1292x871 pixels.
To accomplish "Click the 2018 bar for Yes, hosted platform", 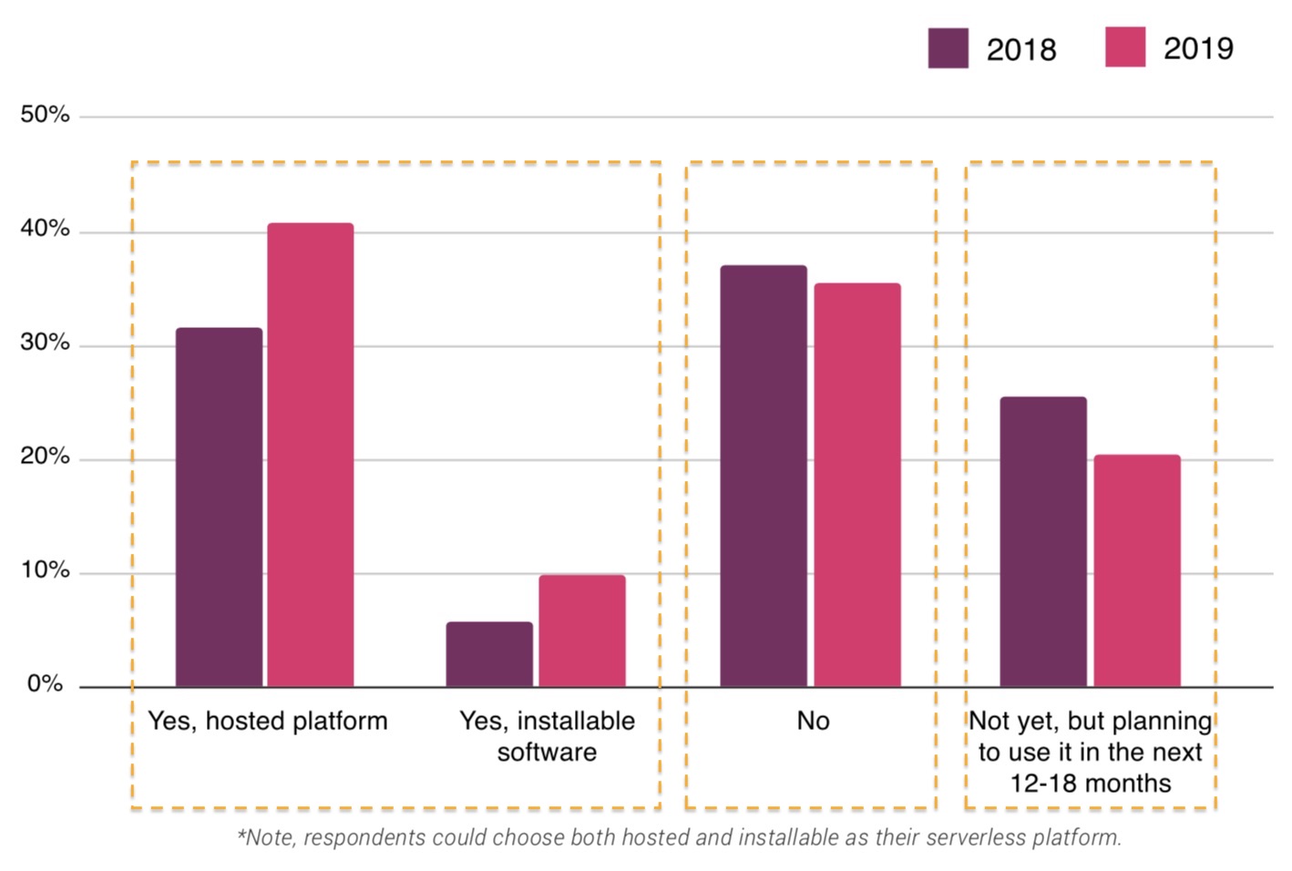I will [x=219, y=507].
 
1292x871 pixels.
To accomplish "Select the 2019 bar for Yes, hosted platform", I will [x=311, y=455].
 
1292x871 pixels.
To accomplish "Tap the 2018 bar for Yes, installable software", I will [x=489, y=654].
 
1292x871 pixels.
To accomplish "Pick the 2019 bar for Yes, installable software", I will [x=582, y=630].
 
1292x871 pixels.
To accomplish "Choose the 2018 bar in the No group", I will [x=764, y=476].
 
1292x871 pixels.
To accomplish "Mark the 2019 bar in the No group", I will [x=857, y=485].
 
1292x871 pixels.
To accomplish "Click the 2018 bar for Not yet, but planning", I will [x=1043, y=541].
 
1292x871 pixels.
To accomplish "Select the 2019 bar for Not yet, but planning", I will [x=1137, y=570].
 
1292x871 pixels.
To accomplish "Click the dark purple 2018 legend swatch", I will [x=948, y=48].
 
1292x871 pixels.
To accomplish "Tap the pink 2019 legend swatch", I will [x=1125, y=47].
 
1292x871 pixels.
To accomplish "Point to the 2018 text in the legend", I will [x=1021, y=49].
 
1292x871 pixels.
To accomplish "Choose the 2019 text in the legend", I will [x=1198, y=48].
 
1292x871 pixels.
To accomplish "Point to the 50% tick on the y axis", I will [x=45, y=115].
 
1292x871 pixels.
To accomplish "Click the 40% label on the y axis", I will [x=45, y=229].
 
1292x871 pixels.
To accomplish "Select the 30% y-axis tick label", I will [x=45, y=343].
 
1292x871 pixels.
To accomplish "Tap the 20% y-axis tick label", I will [x=45, y=456].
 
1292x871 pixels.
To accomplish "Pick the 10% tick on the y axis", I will [x=45, y=570].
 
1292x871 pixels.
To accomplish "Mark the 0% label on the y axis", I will [x=45, y=684].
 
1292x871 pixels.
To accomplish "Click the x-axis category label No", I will [x=813, y=722].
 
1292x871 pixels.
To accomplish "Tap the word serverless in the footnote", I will [x=976, y=837].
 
